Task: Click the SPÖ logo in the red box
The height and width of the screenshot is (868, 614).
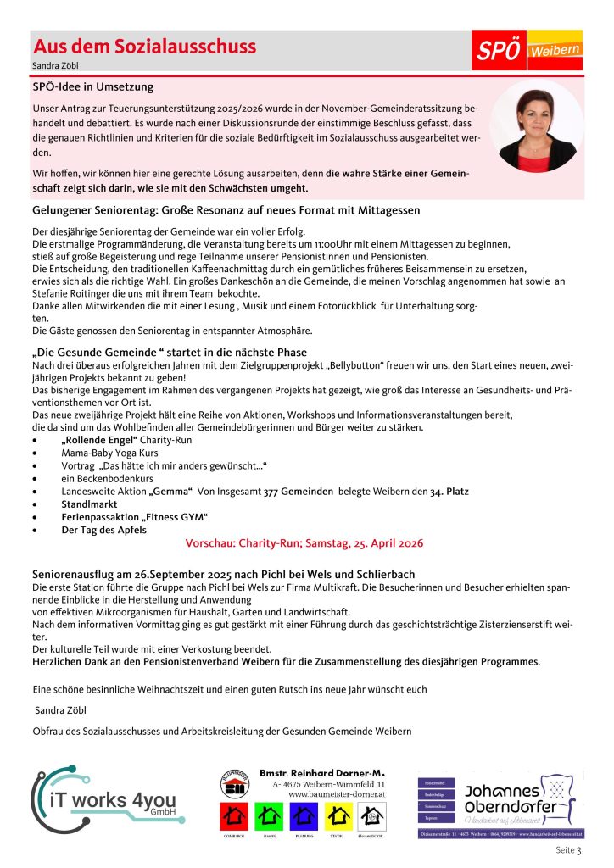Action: (x=499, y=52)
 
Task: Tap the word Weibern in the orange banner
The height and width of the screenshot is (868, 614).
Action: (x=555, y=51)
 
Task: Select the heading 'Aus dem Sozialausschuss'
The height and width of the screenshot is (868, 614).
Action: (x=143, y=47)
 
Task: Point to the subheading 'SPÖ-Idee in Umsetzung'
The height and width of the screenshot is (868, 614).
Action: (x=93, y=86)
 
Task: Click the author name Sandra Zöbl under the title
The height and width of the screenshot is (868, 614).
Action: (x=53, y=65)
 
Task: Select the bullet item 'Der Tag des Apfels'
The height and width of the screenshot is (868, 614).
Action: (x=103, y=530)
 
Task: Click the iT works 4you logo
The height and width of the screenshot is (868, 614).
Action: (x=108, y=795)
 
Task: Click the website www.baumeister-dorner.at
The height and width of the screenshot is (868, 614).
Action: (x=337, y=795)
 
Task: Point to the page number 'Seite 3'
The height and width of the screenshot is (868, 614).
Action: (x=568, y=849)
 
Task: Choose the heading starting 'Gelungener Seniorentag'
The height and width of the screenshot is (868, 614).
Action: (x=226, y=209)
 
